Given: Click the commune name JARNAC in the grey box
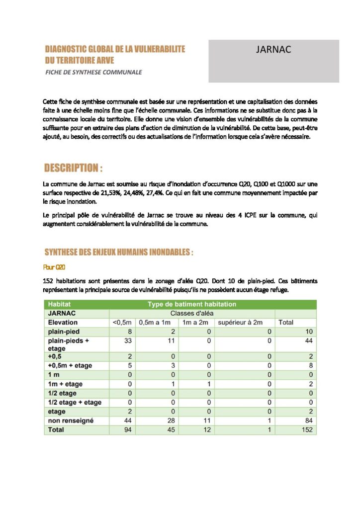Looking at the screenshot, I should tap(273, 50).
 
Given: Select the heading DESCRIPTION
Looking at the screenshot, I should tap(73, 168).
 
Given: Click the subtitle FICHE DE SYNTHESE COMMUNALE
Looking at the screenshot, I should tap(93, 72).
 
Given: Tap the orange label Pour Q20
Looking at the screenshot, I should tap(55, 267).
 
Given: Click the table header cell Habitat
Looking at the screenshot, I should tap(59, 304).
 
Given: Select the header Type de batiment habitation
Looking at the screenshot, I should tap(191, 304).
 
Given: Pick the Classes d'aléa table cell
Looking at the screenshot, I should tap(191, 313).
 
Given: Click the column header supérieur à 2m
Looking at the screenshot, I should tap(240, 322).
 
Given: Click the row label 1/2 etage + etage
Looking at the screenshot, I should tap(75, 403).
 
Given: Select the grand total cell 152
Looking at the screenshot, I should tap(307, 429).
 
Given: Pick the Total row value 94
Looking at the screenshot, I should tap(127, 429).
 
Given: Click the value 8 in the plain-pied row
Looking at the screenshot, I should tap(129, 331).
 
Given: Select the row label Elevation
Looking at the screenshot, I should tap(63, 322).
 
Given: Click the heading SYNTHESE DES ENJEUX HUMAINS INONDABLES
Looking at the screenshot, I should tap(118, 252).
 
